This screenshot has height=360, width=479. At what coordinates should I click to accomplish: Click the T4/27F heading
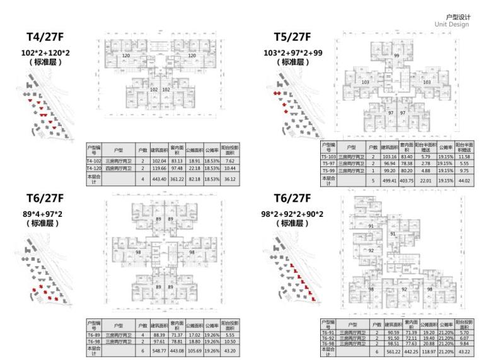45,37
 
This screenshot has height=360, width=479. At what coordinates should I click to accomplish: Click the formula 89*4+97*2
45,214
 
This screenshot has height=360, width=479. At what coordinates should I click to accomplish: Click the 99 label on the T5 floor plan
396,56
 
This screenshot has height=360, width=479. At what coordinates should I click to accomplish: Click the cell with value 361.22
176,179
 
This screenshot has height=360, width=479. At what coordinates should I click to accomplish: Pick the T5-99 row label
328,170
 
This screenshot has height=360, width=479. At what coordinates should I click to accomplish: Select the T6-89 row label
94,335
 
